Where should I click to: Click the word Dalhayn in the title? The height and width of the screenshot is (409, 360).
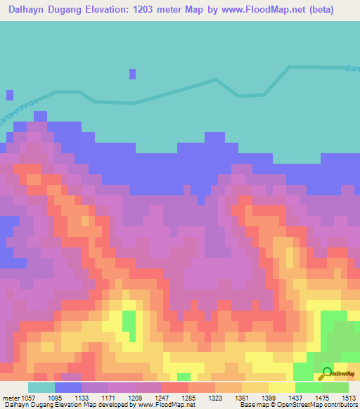click(30, 10)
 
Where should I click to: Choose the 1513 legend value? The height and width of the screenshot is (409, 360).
click(349, 398)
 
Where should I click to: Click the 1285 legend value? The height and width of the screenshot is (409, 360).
click(188, 398)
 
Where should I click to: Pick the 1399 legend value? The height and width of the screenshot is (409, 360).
click(269, 398)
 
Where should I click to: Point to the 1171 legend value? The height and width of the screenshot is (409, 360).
click(108, 398)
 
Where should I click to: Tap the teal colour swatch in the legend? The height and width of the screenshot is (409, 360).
click(41, 387)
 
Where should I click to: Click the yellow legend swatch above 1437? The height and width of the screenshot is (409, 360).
click(282, 387)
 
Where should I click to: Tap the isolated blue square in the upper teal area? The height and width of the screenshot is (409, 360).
click(132, 74)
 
